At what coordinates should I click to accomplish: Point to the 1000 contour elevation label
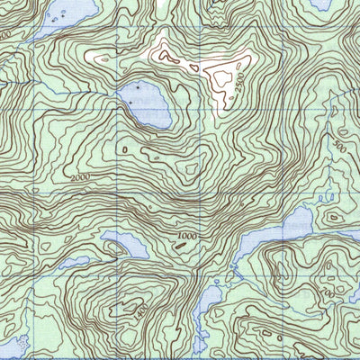click(x=187, y=236)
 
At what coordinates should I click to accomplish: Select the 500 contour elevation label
click(x=339, y=144)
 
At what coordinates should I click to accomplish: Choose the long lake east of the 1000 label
click(x=270, y=238)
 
